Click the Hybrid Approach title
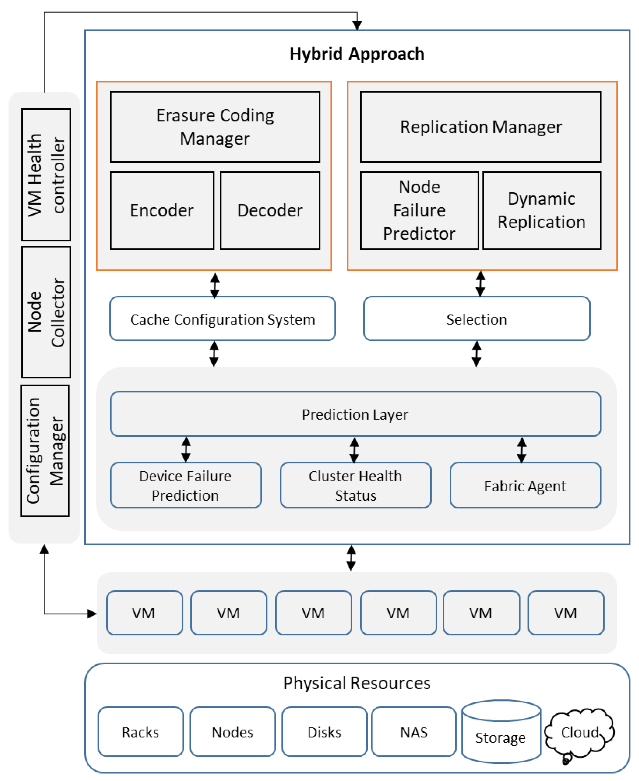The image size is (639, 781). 357,54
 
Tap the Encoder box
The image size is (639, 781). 162,211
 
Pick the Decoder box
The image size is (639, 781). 270,211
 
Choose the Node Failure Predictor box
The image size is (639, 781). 419,211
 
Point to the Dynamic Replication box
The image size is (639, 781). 542,211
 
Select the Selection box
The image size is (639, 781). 477,319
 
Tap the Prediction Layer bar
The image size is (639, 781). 355,414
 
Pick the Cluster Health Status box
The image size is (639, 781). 355,485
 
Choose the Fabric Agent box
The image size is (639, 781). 525,485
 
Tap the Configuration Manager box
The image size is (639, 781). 45,451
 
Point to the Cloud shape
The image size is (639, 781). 579,734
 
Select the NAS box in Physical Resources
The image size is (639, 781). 414,732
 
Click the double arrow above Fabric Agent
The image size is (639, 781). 522,449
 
